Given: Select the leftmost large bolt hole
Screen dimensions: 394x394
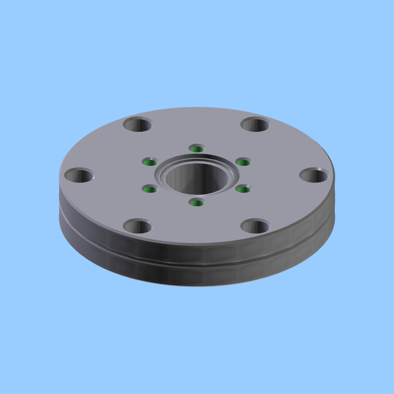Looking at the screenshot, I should [79, 175].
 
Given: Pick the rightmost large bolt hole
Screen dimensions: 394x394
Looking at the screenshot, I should [314, 175].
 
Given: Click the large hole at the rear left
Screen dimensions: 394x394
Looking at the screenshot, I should [138, 125].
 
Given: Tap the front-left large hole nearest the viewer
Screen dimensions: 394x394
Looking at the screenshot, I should [138, 227].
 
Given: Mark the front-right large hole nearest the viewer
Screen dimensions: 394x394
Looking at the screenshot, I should [255, 227].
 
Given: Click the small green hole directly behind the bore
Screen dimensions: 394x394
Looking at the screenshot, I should [196, 149].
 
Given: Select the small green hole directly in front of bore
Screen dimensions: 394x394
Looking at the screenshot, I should [196, 203].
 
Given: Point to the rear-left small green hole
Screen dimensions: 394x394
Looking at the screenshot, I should [150, 162].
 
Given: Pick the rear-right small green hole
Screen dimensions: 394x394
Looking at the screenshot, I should [243, 162].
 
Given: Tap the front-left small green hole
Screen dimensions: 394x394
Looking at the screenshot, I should [150, 190].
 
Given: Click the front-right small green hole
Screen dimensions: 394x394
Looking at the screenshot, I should [243, 190].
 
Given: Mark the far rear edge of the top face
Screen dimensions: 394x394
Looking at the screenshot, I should [197, 108].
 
